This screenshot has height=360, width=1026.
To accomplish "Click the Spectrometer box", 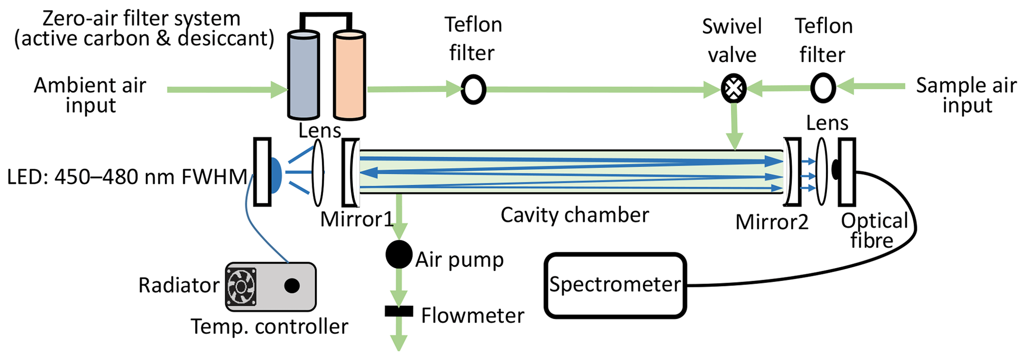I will click(x=615, y=286).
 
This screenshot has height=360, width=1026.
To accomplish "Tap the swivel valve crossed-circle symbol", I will click(x=733, y=88).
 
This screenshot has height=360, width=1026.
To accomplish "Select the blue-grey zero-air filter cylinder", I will click(x=303, y=75).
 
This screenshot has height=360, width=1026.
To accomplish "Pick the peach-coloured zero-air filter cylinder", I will click(x=349, y=75).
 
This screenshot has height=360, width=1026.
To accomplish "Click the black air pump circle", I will click(x=399, y=255).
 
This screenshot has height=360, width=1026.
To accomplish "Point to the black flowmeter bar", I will click(x=399, y=311).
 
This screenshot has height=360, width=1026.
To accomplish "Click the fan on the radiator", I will click(x=241, y=287).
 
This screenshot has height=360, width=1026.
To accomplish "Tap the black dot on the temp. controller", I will click(x=292, y=286).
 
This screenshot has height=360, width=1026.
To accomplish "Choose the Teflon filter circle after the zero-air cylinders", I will click(x=473, y=89).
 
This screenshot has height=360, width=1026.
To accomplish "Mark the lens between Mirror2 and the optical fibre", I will click(x=822, y=172).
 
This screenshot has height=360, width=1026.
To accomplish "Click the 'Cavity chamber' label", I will click(x=574, y=215).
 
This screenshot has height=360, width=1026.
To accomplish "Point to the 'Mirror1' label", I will click(x=356, y=219).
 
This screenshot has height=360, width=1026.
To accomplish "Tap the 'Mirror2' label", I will click(x=771, y=222).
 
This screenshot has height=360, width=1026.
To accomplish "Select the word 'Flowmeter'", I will click(x=472, y=315).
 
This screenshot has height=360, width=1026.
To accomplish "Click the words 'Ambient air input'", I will click(x=90, y=95).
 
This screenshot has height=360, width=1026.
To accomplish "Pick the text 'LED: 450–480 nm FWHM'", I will click(x=127, y=177).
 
